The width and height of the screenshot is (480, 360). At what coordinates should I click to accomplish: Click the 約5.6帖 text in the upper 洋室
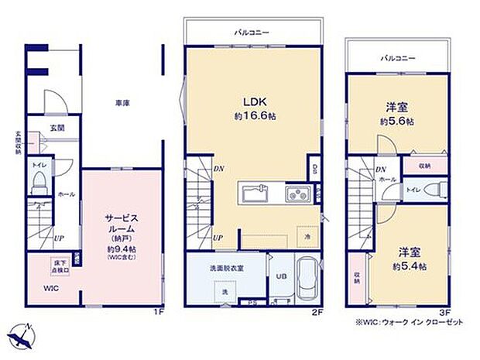point(396,122)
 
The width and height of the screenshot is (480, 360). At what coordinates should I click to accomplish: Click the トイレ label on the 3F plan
point(413,190)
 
